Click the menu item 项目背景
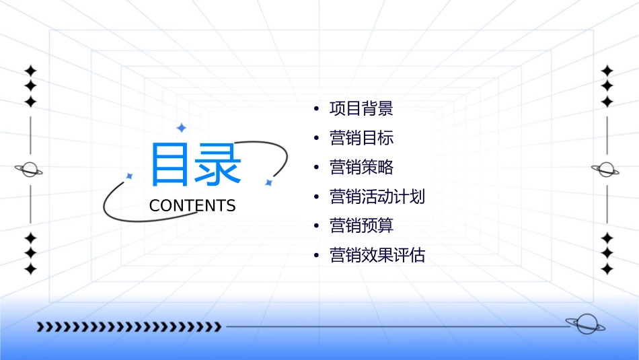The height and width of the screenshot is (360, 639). tap(361, 108)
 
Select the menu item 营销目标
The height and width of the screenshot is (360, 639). tap(361, 138)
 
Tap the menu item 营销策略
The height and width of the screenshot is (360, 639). tap(361, 168)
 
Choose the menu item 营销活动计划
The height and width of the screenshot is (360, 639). tap(377, 197)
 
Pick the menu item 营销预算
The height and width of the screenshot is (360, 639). tap(361, 226)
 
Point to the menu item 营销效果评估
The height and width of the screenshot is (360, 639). tap(377, 256)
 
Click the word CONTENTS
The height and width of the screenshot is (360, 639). tap(192, 206)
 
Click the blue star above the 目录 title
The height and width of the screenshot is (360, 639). tap(181, 127)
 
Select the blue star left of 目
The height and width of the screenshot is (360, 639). tap(130, 176)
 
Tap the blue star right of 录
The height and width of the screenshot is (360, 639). tap(268, 182)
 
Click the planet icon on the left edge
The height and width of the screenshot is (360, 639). tap(30, 170)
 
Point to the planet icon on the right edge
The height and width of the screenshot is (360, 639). tap(606, 170)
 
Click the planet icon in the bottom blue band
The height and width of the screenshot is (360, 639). tap(585, 324)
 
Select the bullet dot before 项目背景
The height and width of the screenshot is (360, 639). tap(316, 109)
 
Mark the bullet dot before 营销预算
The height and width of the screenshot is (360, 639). tap(316, 227)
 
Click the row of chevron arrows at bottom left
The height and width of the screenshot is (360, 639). tap(128, 327)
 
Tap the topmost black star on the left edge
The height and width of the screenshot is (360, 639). tap(30, 70)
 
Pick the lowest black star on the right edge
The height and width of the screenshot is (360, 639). tap(607, 269)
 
